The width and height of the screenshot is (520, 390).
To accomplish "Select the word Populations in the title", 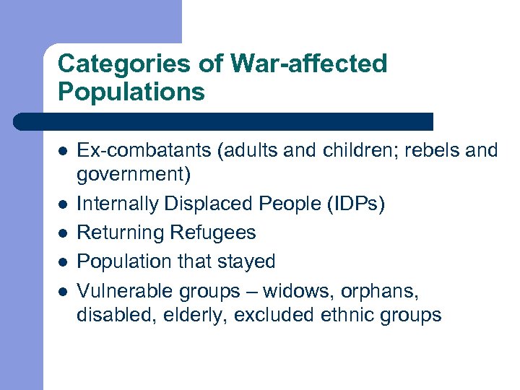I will tap(131, 92).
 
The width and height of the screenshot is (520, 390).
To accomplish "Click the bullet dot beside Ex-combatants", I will tap(63, 152).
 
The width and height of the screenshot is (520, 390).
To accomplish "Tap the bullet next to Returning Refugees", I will tap(63, 233).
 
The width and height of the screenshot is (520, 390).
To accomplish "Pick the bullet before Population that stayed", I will tap(63, 261).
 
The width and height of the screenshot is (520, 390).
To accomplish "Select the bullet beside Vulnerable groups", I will tap(63, 291).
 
